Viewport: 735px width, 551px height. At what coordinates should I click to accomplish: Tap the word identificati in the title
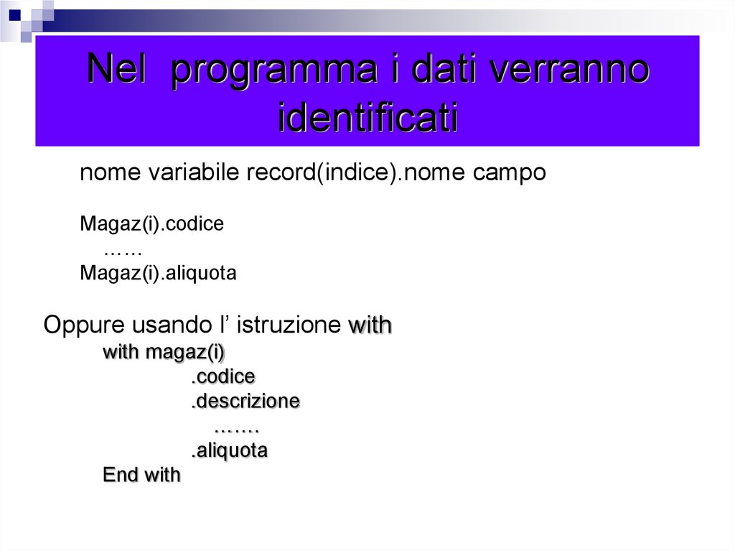point(367,118)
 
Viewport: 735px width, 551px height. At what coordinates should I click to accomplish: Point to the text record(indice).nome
point(357,173)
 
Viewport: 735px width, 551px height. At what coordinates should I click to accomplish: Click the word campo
point(510,173)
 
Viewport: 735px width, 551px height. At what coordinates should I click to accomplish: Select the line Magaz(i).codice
point(151,224)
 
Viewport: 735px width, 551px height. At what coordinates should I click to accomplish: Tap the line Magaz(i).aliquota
point(158,274)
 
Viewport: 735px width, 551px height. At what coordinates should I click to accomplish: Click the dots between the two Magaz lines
point(122,250)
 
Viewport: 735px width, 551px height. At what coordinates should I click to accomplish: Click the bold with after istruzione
point(370,325)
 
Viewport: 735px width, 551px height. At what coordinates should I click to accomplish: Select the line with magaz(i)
point(164,353)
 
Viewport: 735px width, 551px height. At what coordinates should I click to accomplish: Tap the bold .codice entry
point(223,377)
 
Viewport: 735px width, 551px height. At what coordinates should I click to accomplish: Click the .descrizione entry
point(245,401)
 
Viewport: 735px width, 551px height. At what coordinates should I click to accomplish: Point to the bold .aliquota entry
point(229,451)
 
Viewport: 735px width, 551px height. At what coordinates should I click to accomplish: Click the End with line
point(141,475)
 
